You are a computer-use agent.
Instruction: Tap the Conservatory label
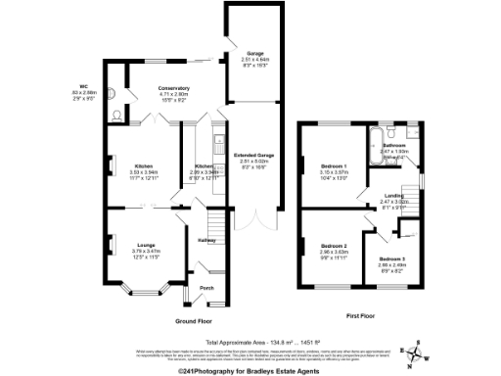coord(174,89)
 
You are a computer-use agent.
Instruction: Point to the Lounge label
coord(146,245)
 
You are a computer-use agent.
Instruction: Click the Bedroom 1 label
coord(334,168)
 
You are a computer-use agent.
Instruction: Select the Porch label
coord(206,288)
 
